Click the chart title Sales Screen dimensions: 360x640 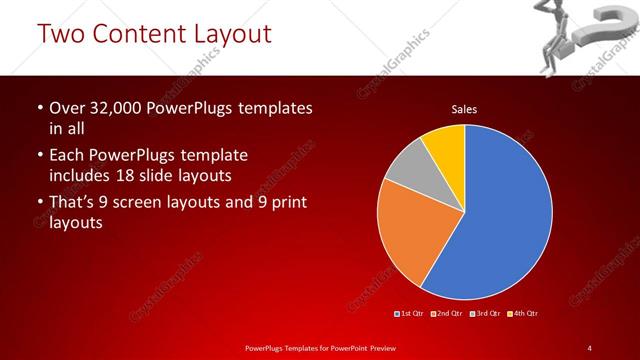(464, 108)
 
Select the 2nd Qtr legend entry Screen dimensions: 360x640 (447, 314)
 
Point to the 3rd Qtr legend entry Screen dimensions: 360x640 (484, 314)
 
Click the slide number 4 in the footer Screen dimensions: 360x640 (590, 347)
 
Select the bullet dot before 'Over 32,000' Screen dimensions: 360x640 (38, 108)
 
